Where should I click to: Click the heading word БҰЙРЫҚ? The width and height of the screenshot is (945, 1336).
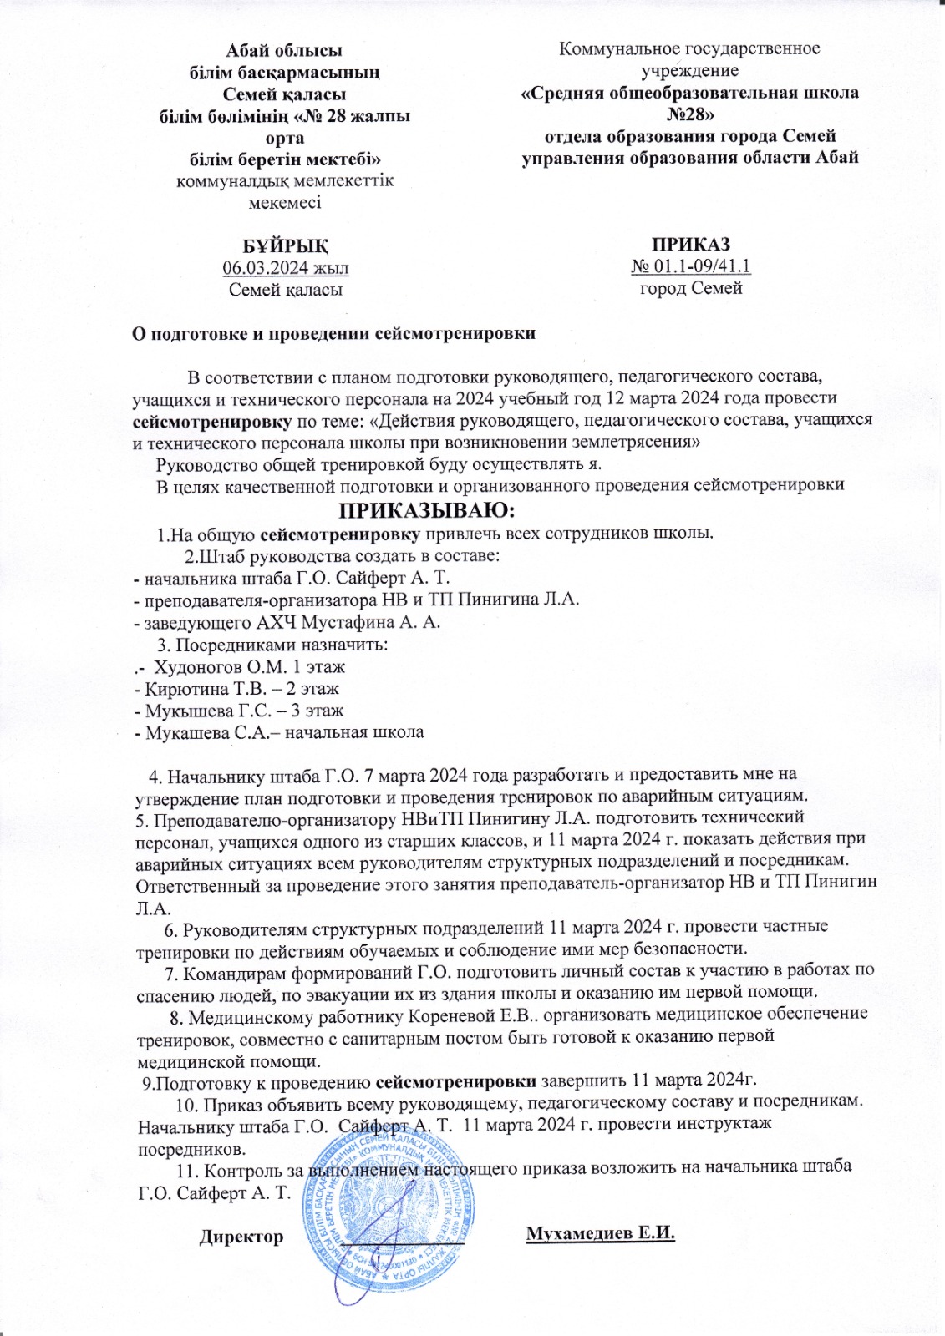[285, 246]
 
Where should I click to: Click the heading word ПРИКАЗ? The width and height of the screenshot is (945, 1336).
[691, 244]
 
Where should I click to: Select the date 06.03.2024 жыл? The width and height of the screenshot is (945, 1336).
[285, 268]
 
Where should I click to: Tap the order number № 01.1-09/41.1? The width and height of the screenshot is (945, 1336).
[691, 266]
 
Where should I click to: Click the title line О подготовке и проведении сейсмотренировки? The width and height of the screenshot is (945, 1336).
[334, 333]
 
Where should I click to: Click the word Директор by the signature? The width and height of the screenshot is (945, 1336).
[241, 1237]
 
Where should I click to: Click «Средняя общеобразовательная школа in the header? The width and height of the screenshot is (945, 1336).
[689, 93]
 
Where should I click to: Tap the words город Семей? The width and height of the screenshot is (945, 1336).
[691, 289]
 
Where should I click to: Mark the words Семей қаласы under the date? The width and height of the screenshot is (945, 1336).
[285, 290]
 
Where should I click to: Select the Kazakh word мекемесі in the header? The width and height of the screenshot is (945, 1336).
[284, 202]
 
